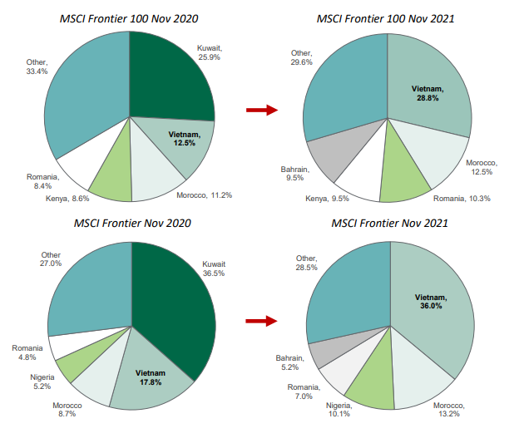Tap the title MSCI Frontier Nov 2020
pos(131,223)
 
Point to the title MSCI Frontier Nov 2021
pos(389,223)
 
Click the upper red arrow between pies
pos(261,109)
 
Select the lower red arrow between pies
pos(261,321)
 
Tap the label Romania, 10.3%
pos(457,199)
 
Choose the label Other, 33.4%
pos(37,66)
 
